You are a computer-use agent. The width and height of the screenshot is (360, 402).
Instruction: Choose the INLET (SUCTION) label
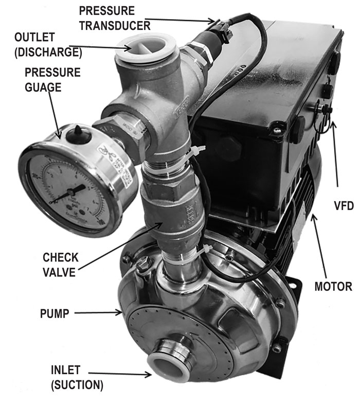click(77, 377)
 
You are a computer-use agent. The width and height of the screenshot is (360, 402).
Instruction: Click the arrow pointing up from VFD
click(335, 154)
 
